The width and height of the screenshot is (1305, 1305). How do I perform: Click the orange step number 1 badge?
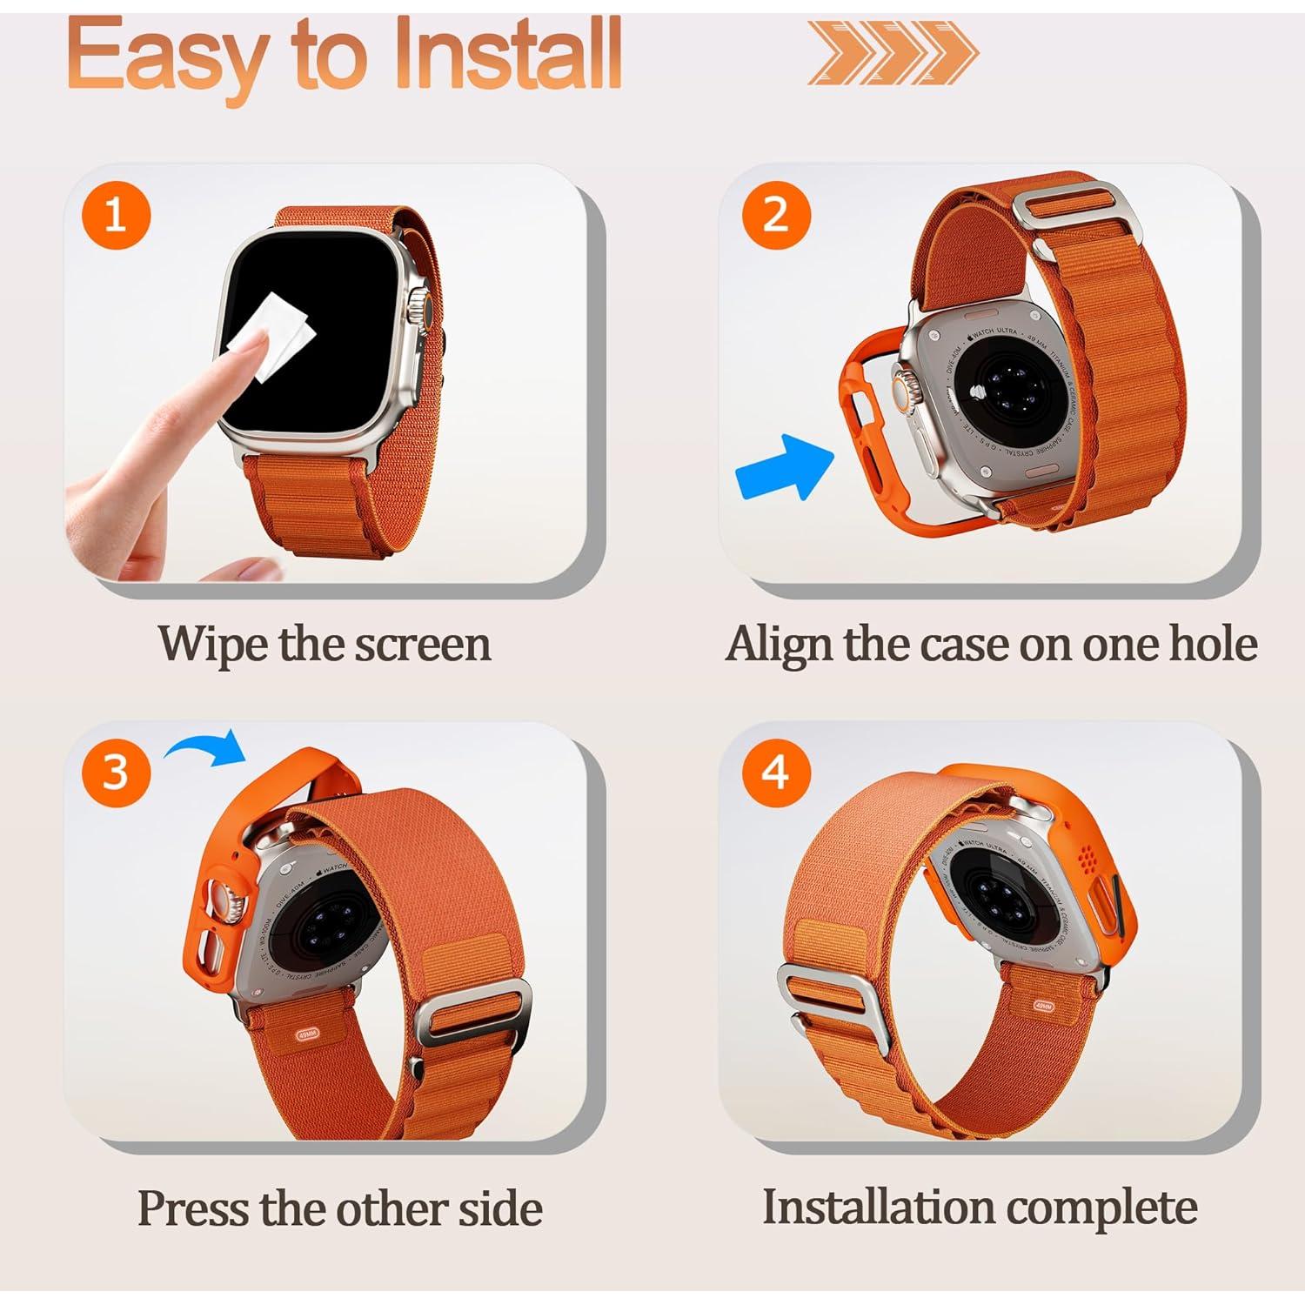(116, 215)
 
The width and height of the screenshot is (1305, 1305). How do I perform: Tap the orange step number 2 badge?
(776, 215)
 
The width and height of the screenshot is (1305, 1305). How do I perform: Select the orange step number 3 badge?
(116, 772)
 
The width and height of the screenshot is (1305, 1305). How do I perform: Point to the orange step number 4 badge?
(776, 772)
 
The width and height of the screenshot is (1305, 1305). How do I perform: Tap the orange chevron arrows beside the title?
(892, 54)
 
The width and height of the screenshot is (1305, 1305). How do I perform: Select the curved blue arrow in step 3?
(207, 746)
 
